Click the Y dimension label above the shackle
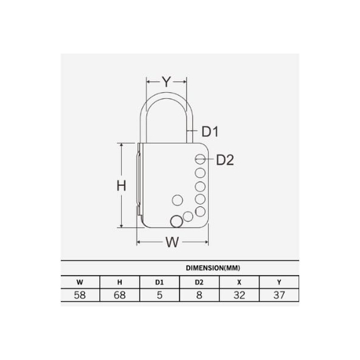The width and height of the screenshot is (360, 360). point(166,82)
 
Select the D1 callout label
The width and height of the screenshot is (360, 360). point(209,131)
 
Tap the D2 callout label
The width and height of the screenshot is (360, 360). point(225,160)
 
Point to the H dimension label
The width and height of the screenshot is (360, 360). point(122,186)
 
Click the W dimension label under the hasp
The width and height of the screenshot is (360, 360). point(172,242)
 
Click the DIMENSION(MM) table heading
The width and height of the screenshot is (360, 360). point(213,268)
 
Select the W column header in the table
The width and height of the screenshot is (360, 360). point(79,282)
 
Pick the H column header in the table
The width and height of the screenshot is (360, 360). point(120,282)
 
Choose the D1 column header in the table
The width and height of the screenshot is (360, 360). point(160,282)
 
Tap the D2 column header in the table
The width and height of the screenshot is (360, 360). point(199,282)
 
